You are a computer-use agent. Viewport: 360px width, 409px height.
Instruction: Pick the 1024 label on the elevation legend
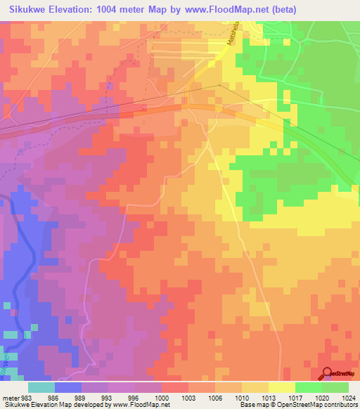[x=349, y=397]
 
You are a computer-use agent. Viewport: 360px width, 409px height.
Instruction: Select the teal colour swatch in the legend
[x=41, y=387]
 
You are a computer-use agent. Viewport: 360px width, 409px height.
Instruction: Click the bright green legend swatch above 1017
[x=309, y=387]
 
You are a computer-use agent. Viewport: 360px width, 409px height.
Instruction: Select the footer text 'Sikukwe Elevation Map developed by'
[x=53, y=405]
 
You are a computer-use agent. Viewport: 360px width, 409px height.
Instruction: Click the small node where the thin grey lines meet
[x=219, y=86]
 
